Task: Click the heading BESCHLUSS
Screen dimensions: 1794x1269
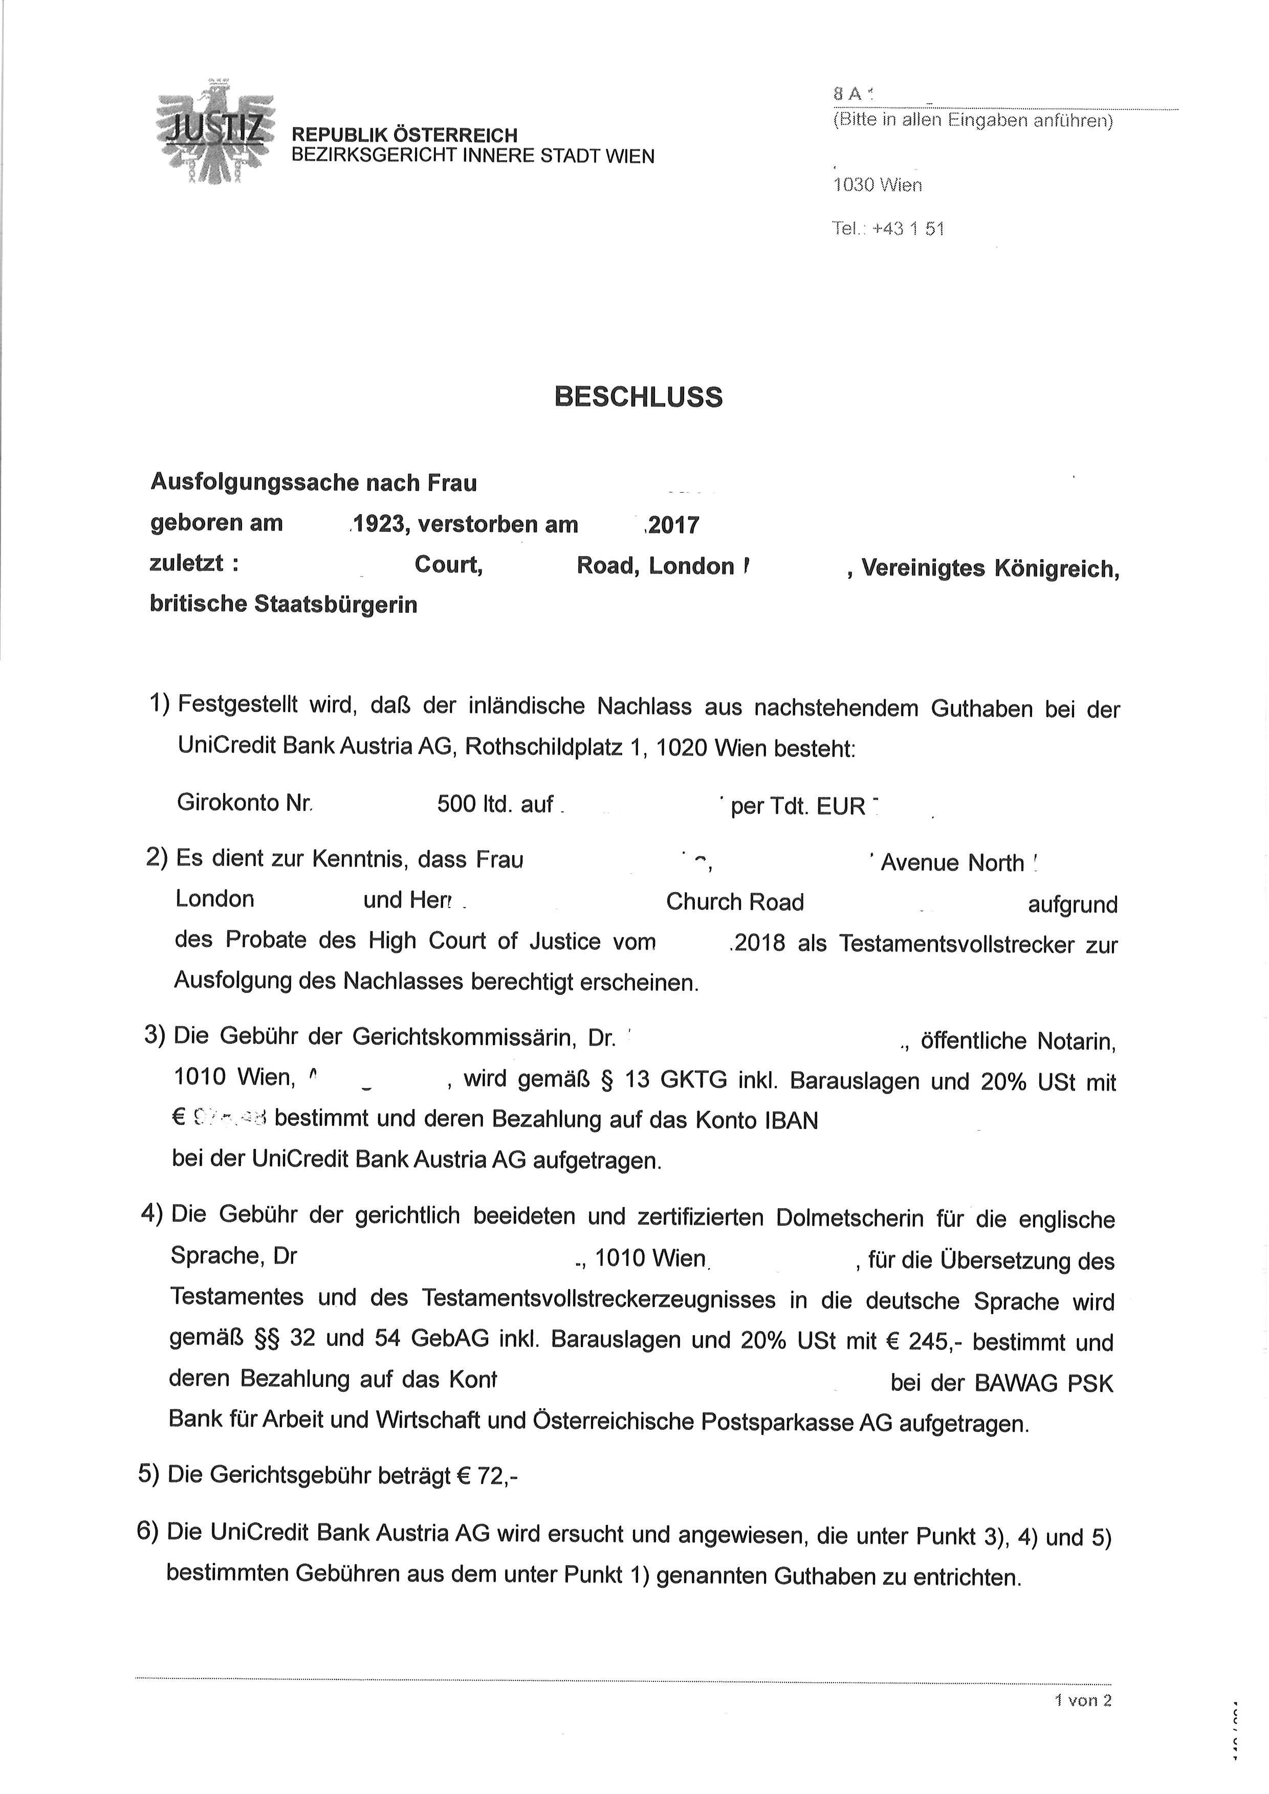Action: pyautogui.click(x=639, y=397)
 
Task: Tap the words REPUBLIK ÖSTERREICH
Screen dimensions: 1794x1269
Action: pyautogui.click(x=404, y=135)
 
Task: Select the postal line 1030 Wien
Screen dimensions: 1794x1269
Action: pyautogui.click(x=878, y=185)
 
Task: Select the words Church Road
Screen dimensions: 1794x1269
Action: pyautogui.click(x=734, y=902)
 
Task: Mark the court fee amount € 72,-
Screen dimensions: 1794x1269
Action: pyautogui.click(x=487, y=1475)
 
